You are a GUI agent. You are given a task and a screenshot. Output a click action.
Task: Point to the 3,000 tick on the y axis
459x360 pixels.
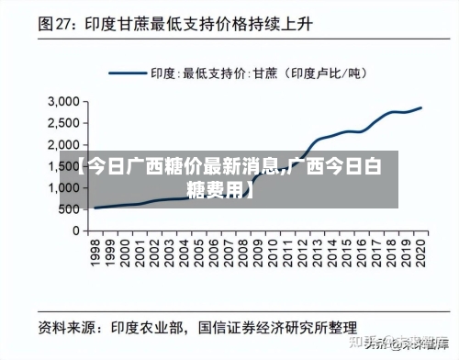(x=63, y=101)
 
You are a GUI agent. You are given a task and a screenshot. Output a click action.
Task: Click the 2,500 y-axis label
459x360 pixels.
(x=63, y=123)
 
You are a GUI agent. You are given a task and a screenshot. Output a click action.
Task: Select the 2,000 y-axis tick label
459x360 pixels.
(x=63, y=144)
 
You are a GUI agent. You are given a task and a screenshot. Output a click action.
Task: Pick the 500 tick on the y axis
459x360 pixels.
(x=70, y=209)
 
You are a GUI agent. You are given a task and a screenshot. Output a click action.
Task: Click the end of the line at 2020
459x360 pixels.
(x=421, y=107)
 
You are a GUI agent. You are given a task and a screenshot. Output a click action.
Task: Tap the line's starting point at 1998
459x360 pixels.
(x=95, y=208)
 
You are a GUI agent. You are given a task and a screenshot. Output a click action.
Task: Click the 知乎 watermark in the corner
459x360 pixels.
(x=385, y=343)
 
